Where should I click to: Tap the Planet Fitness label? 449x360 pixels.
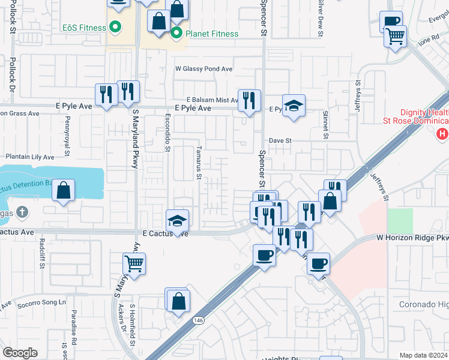coord(212,34)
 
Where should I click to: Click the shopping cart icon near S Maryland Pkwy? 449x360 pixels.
coord(134,263)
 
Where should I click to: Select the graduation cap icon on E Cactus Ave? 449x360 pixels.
coord(178,221)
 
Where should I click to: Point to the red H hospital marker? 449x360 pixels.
coord(443,134)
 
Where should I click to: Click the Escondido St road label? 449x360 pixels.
coord(168,133)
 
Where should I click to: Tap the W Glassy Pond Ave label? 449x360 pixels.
coord(203,69)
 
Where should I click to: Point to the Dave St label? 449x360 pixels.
coord(280,140)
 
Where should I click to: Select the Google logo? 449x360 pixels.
coord(20,353)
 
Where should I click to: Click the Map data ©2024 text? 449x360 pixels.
coord(423,355)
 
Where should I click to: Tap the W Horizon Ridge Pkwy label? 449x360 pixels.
coord(412,238)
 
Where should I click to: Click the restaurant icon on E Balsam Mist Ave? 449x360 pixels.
coord(250,100)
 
